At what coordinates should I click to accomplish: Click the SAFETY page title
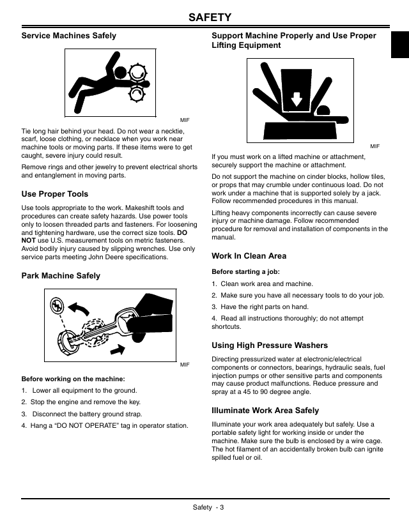210,17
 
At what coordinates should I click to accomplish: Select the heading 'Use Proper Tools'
55,194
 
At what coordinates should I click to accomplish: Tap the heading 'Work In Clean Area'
249,256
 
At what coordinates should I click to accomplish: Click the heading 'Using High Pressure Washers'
270,345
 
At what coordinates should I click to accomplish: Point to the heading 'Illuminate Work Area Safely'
265,411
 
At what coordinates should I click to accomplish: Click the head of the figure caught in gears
120,72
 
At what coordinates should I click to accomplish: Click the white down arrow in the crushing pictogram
297,99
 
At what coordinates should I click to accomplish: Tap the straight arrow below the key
117,349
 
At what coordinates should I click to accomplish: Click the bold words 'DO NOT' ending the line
182,232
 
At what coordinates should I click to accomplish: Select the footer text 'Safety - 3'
208,508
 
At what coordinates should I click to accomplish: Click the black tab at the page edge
400,45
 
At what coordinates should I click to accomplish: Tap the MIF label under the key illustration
185,365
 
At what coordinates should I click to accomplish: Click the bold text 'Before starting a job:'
246,272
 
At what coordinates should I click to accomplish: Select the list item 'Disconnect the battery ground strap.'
88,414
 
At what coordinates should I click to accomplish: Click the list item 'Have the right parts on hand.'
265,307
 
